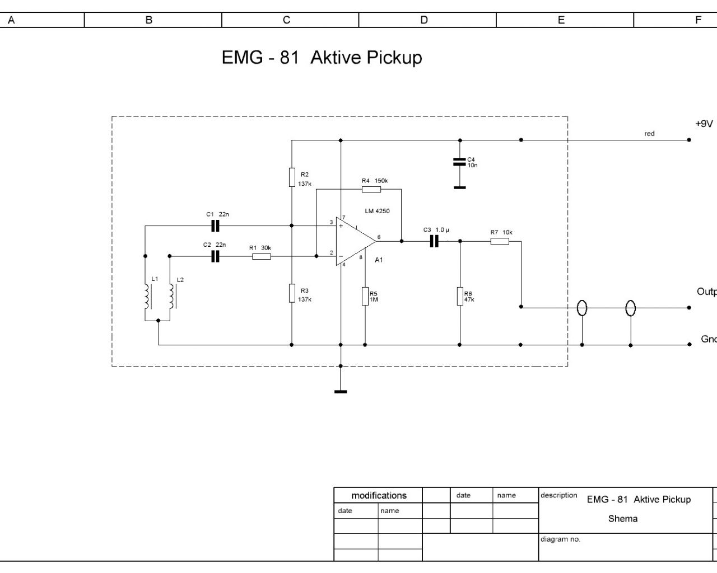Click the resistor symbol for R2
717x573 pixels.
(x=292, y=177)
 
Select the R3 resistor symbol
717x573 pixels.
(x=292, y=293)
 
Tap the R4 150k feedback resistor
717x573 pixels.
(x=371, y=189)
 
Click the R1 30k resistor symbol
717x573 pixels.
(x=262, y=256)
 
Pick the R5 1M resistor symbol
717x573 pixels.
(x=365, y=296)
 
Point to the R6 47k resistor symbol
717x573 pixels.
(x=460, y=296)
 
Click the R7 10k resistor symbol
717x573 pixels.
(x=500, y=241)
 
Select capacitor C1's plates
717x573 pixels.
(x=215, y=226)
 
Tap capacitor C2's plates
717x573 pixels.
(x=215, y=256)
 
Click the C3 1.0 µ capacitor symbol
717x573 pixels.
(x=434, y=241)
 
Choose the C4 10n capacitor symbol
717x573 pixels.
(x=459, y=162)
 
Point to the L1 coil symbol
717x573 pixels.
(x=147, y=296)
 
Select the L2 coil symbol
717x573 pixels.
(x=171, y=296)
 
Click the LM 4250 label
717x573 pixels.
(x=377, y=211)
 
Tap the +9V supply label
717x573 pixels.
(x=704, y=124)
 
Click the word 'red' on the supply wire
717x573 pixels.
(x=649, y=134)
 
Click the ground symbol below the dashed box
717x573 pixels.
(x=341, y=391)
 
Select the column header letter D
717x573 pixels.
(x=424, y=20)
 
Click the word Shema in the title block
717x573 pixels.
(x=622, y=519)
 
